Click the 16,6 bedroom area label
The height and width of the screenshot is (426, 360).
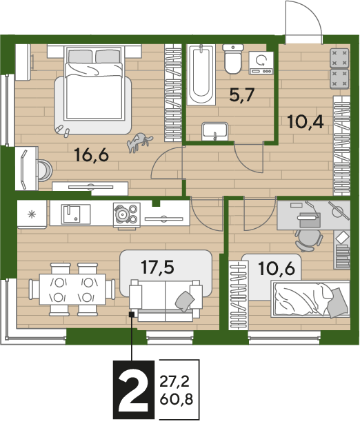[x=91, y=155]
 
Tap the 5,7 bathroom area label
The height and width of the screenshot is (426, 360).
[x=241, y=95]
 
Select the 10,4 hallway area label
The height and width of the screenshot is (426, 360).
[x=306, y=122]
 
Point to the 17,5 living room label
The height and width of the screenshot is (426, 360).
[x=158, y=267]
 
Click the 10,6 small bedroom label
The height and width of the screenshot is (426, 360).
[x=277, y=268]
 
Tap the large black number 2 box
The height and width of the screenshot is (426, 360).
[x=134, y=390]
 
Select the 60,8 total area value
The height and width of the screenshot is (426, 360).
[x=177, y=399]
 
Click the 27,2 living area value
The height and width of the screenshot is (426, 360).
[x=174, y=382]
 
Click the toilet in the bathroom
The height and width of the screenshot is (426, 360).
[x=232, y=59]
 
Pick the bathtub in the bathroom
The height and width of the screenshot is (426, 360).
[x=201, y=74]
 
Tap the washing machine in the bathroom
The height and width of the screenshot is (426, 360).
[x=261, y=63]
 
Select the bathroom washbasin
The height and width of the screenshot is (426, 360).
[x=214, y=132]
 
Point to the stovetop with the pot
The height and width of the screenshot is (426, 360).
[x=127, y=214]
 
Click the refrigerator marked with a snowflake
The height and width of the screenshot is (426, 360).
[x=32, y=214]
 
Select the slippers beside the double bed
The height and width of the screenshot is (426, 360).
[x=63, y=130]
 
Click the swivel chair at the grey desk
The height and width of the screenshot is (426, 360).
[x=308, y=240]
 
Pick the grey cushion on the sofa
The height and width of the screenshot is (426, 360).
[x=185, y=301]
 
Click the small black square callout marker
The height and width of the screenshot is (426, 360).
[x=132, y=314]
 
